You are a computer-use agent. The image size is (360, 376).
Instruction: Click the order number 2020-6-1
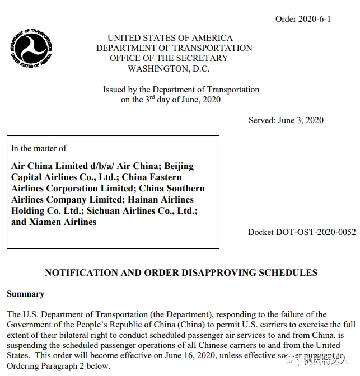[303, 19]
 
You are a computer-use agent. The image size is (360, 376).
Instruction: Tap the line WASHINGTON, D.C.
[169, 68]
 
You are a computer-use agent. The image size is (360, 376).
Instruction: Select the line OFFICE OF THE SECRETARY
[169, 58]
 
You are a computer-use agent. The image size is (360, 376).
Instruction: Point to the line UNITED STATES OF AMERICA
[170, 38]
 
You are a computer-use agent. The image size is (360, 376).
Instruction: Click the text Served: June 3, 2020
[286, 120]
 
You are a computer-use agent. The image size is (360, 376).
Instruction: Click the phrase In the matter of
[39, 148]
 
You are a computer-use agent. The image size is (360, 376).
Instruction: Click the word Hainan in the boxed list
[176, 200]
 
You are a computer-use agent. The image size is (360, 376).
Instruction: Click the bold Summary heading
[25, 294]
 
